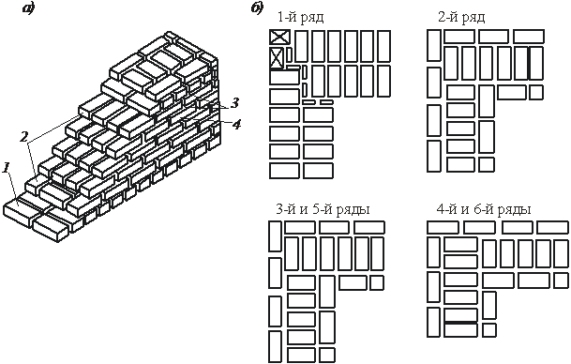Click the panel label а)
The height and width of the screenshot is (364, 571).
click(x=28, y=8)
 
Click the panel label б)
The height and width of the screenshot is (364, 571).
click(x=257, y=8)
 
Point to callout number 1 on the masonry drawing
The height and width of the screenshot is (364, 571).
click(x=7, y=168)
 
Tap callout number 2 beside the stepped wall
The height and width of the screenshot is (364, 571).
click(x=23, y=137)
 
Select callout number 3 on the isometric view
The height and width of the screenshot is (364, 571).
click(x=234, y=103)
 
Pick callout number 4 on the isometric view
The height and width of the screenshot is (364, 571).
click(x=236, y=125)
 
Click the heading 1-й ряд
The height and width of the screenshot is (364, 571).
click(x=300, y=17)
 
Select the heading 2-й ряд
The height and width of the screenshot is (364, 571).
click(x=461, y=17)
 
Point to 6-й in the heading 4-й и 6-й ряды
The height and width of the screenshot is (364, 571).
click(x=484, y=209)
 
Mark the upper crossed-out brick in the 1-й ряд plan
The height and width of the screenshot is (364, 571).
click(x=279, y=38)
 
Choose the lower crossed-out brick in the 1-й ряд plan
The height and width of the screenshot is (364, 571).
click(x=277, y=57)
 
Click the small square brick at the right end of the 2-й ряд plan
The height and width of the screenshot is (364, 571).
click(x=536, y=92)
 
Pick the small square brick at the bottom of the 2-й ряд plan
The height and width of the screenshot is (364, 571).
click(x=487, y=164)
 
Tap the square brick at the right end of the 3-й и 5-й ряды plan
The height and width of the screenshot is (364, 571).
click(x=377, y=282)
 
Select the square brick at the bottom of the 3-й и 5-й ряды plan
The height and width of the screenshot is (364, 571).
click(x=327, y=355)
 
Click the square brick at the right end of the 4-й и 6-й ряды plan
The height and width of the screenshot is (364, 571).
click(x=561, y=281)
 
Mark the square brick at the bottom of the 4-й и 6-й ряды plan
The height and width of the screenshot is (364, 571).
click(x=489, y=329)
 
